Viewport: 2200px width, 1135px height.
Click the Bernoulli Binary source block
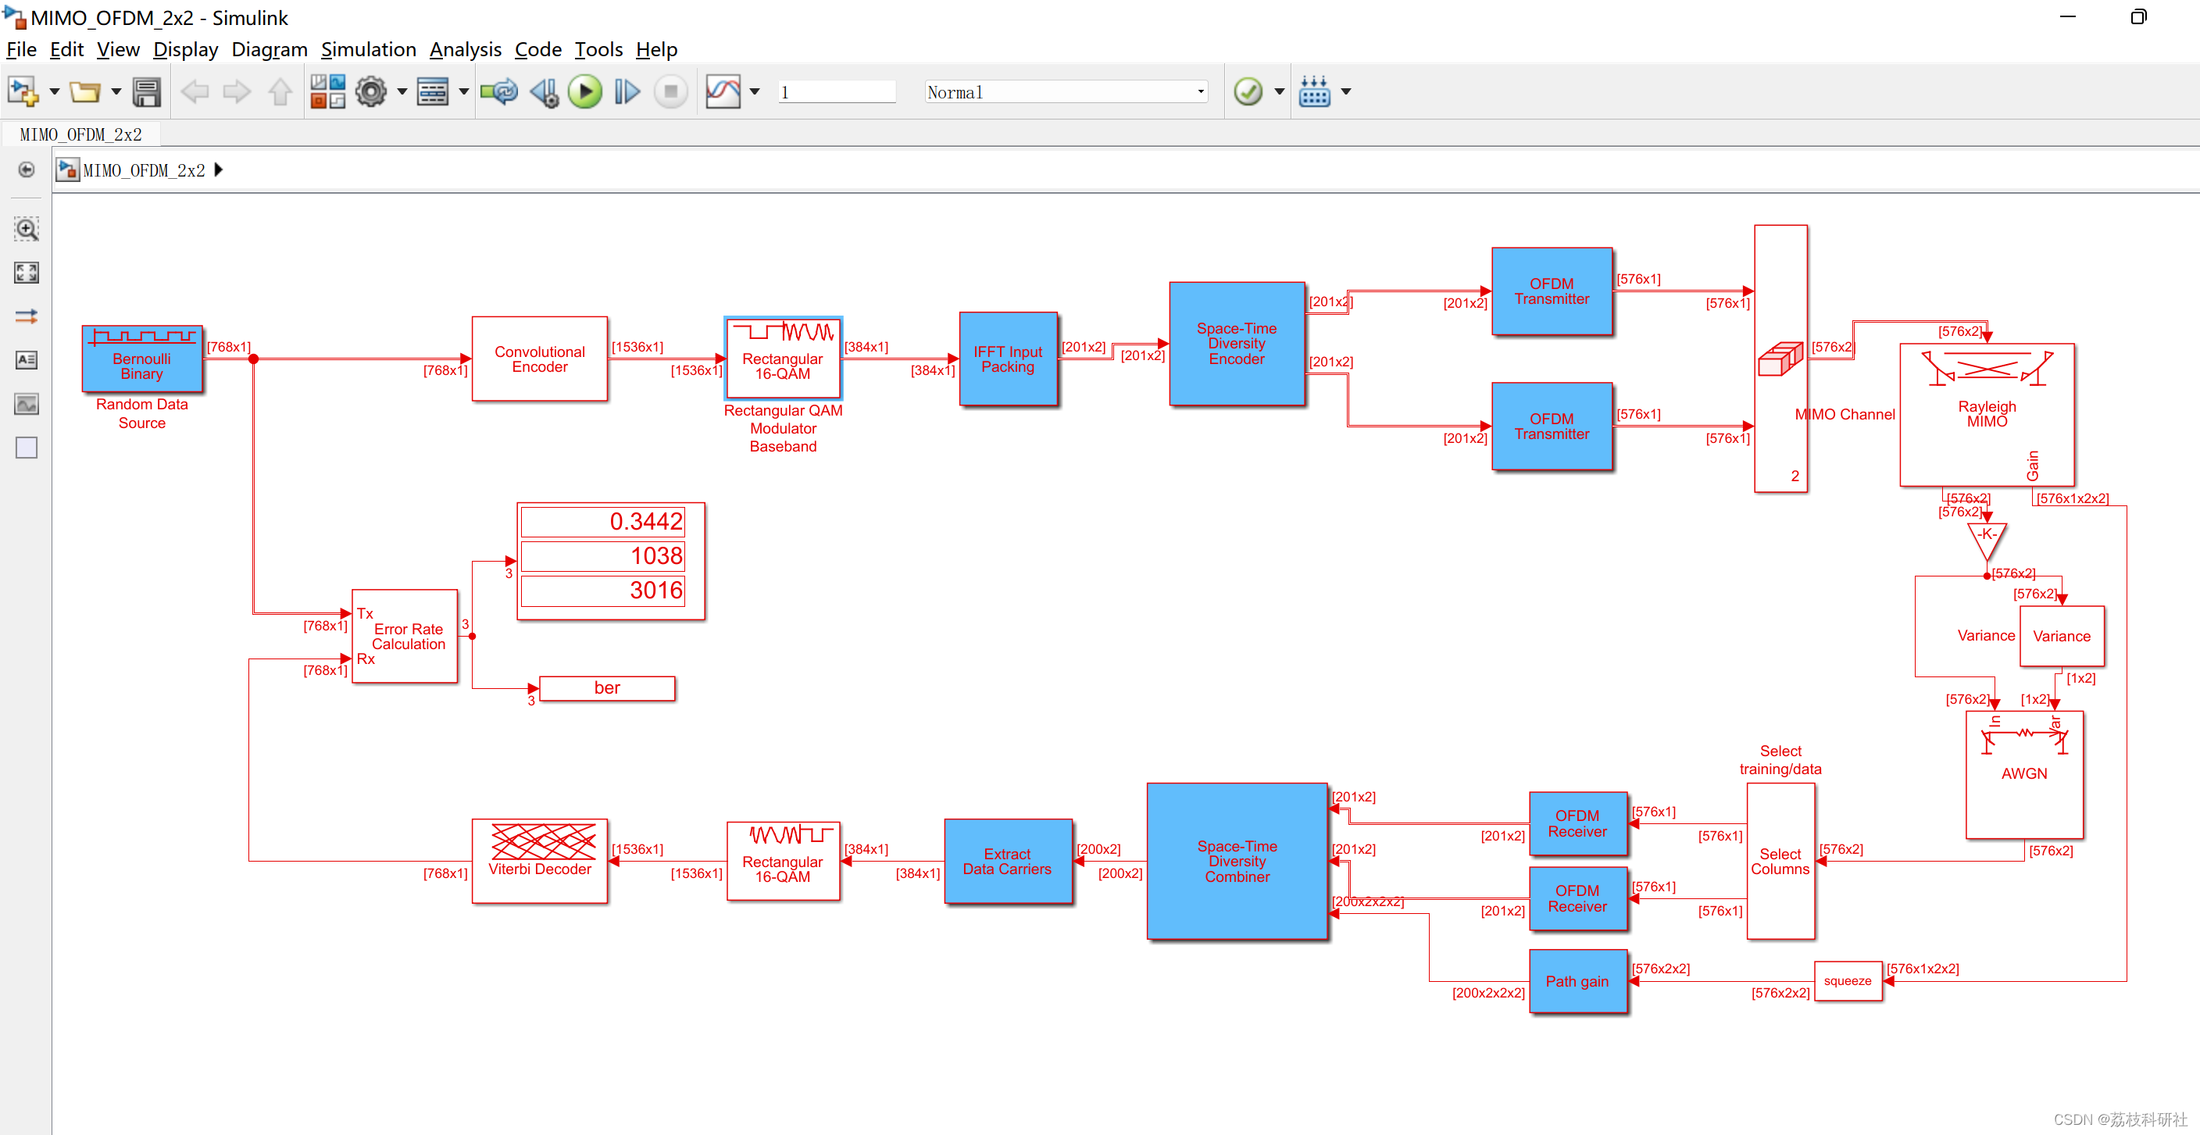(x=141, y=359)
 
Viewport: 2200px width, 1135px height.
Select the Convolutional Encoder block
(x=539, y=359)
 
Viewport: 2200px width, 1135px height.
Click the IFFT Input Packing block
(x=1008, y=359)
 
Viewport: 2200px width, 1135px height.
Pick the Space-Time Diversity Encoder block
(x=1236, y=344)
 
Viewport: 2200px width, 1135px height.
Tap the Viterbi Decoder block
(x=539, y=860)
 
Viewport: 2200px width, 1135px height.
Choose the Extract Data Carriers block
(x=1007, y=861)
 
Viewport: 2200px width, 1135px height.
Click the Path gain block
(x=1577, y=980)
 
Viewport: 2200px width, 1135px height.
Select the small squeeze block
(x=1848, y=980)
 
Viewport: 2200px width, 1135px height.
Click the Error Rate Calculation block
(x=405, y=635)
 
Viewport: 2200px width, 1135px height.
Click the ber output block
(x=607, y=687)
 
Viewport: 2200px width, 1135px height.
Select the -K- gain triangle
(x=1987, y=537)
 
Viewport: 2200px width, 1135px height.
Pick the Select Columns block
(x=1780, y=861)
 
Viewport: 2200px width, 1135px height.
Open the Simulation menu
(x=368, y=49)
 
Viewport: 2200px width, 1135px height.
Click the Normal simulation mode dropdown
(x=1065, y=92)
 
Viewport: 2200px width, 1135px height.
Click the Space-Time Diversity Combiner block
(x=1236, y=861)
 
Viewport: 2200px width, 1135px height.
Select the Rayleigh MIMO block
(x=1987, y=414)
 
